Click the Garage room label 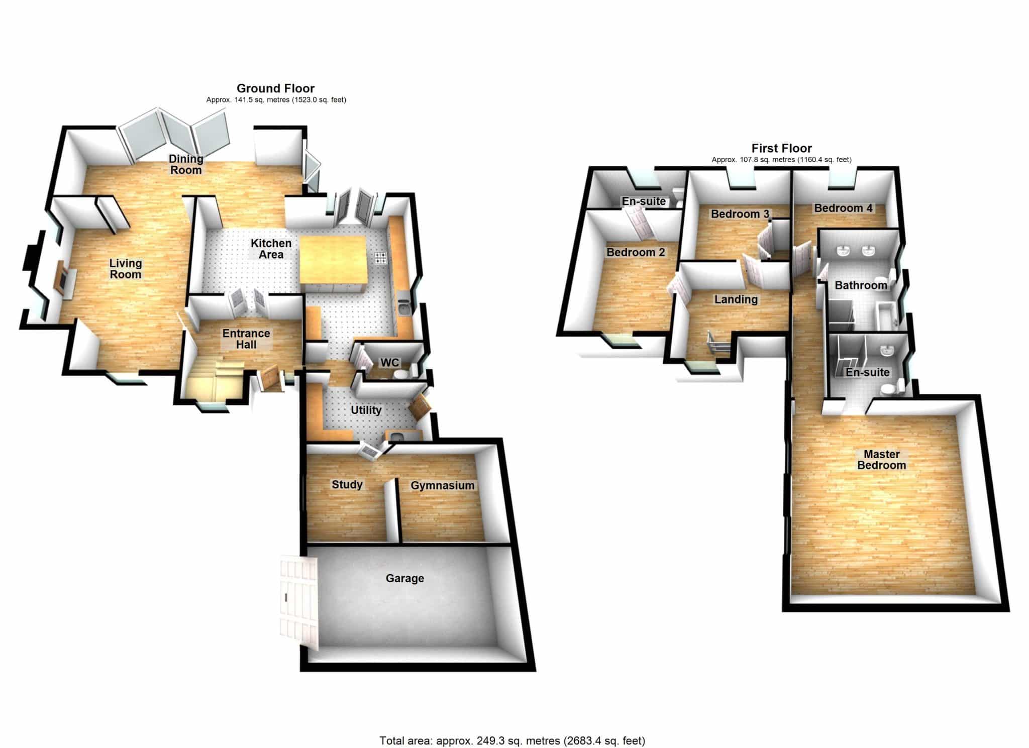point(404,578)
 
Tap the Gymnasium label point(442,486)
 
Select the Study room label point(347,485)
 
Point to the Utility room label point(366,410)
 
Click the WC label point(390,363)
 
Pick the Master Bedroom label point(881,460)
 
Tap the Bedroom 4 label point(844,208)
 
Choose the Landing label point(736,299)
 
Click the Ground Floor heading point(275,89)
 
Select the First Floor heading point(781,148)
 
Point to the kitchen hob point(380,258)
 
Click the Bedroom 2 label point(636,252)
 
